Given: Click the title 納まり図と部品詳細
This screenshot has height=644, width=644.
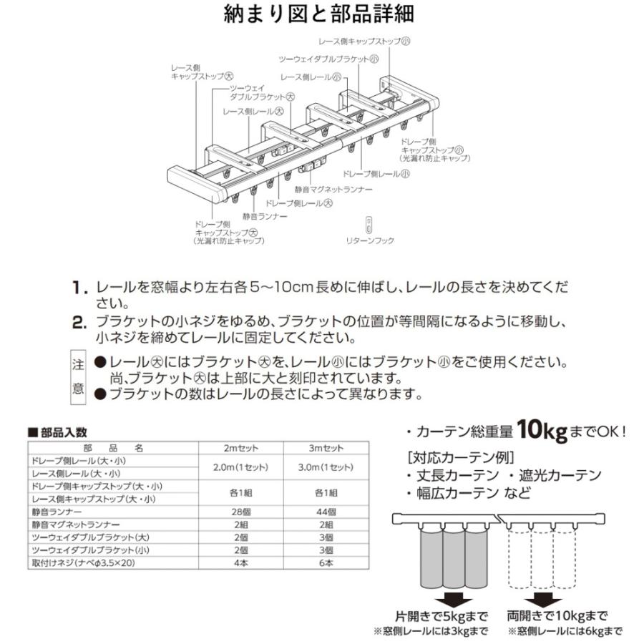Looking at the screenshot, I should click(322, 14).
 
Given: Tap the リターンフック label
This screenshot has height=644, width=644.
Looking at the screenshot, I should click(371, 241).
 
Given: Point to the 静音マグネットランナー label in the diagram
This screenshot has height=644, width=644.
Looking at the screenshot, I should click(333, 190).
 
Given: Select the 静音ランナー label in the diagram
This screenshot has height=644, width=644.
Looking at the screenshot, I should click(264, 215).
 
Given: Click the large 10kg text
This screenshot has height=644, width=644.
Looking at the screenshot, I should click(542, 431).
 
